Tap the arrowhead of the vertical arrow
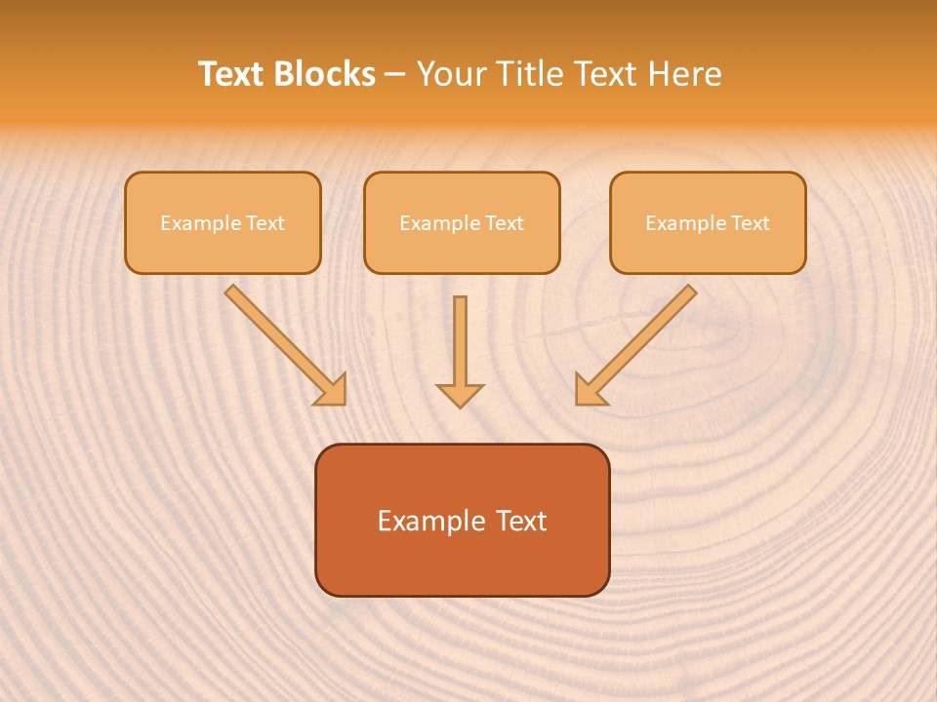[x=460, y=395]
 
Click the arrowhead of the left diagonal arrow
[x=332, y=390]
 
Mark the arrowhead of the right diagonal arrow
[x=589, y=390]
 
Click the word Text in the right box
[x=751, y=223]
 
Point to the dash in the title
[x=395, y=75]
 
